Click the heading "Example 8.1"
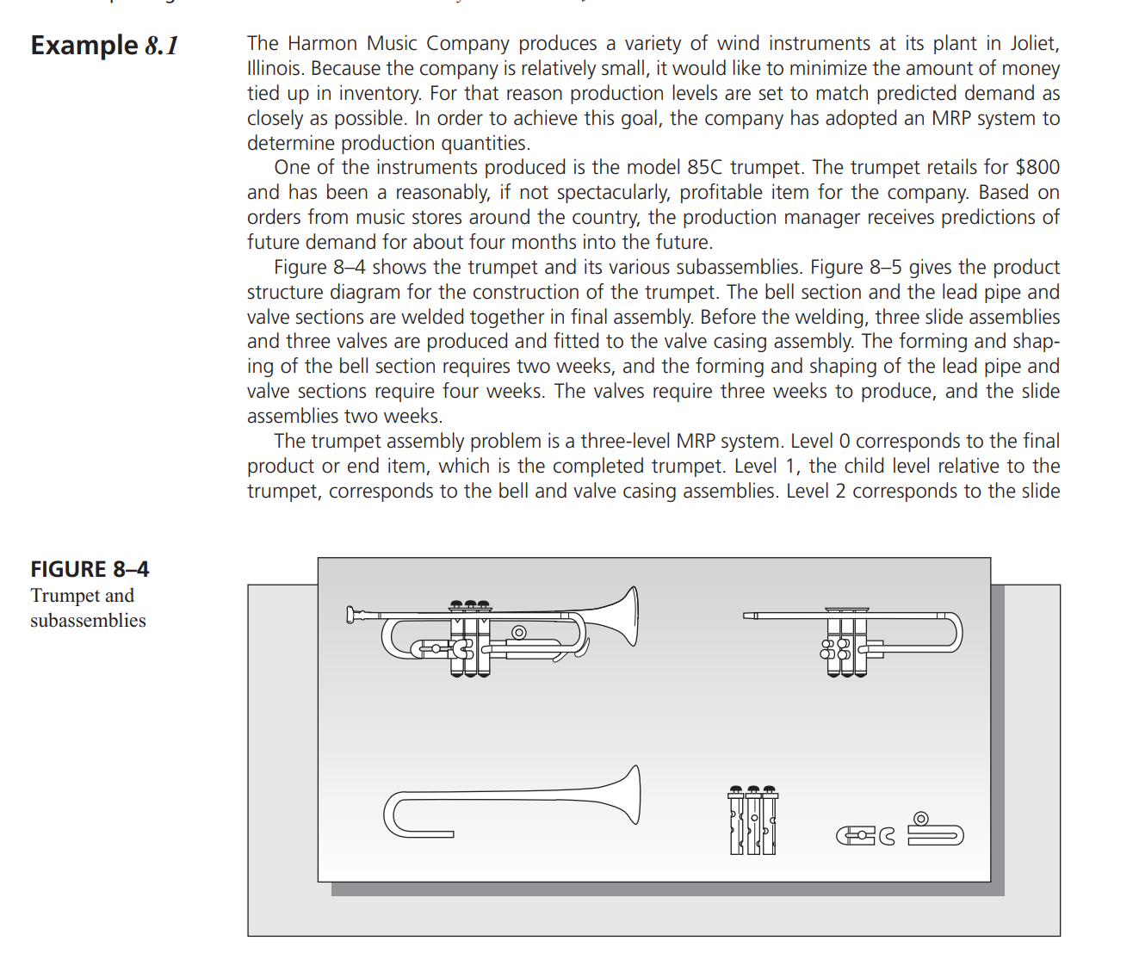[104, 46]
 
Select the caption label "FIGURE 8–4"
[90, 569]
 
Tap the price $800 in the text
[1037, 167]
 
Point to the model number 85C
[704, 167]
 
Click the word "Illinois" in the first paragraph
[275, 68]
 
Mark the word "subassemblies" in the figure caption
[88, 620]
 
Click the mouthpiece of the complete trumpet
[351, 614]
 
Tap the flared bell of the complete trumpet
[628, 616]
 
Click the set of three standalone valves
[752, 820]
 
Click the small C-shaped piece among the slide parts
[887, 835]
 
